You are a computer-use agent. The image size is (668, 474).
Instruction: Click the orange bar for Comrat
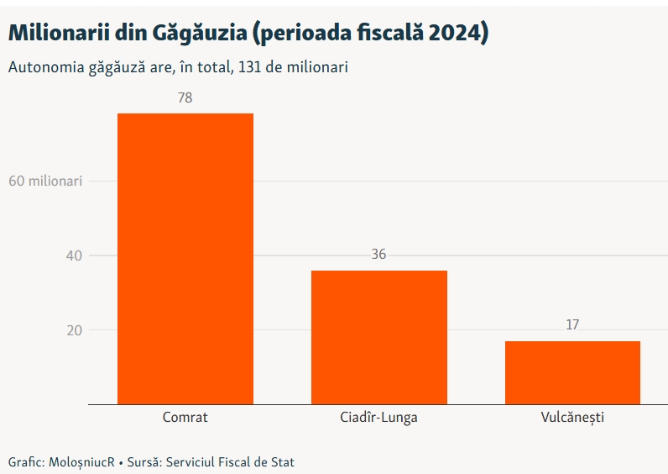(x=185, y=259)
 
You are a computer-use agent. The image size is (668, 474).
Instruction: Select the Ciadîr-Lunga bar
(x=379, y=337)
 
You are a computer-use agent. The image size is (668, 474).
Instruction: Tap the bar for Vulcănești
(x=572, y=372)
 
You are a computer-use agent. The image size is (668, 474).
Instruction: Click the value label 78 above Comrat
(x=185, y=97)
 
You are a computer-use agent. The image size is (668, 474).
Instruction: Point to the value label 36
(x=378, y=255)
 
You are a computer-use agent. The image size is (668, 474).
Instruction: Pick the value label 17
(x=572, y=324)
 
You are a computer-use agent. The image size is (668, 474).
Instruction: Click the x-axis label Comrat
(x=185, y=417)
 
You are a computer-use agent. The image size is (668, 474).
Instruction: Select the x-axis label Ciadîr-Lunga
(x=378, y=417)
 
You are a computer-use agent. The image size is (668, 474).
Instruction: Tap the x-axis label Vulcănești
(x=572, y=417)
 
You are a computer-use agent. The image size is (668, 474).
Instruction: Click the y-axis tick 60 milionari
(x=45, y=181)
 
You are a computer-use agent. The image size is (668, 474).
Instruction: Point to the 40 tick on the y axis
(x=74, y=255)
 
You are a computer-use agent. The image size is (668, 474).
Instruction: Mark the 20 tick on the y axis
(x=74, y=330)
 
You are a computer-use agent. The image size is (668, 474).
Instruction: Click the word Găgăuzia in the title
(x=200, y=33)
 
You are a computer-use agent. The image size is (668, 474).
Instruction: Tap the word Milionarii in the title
(x=59, y=33)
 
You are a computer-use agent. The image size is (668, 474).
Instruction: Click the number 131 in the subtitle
(x=249, y=67)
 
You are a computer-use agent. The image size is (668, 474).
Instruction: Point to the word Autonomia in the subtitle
(x=46, y=67)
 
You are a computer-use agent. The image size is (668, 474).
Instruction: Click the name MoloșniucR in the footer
(x=81, y=462)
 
